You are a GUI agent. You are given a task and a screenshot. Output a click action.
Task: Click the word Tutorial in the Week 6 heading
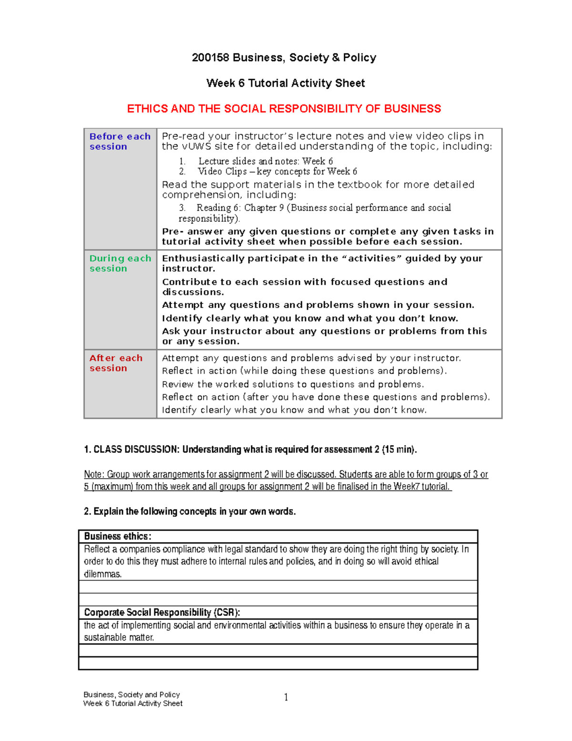(268, 83)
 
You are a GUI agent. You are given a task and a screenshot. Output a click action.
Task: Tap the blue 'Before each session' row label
(120, 141)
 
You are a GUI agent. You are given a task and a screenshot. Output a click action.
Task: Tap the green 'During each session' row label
(120, 263)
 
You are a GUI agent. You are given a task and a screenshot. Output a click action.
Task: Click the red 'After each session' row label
(116, 363)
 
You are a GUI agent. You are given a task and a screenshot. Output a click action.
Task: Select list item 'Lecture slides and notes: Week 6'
(265, 161)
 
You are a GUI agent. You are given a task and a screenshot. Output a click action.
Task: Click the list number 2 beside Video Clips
(182, 171)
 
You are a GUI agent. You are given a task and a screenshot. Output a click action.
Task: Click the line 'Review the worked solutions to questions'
(293, 384)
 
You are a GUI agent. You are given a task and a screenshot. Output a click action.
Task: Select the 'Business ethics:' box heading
(118, 536)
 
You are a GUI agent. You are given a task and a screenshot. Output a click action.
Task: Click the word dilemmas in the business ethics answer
(102, 574)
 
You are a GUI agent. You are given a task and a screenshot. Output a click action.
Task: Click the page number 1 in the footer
(286, 698)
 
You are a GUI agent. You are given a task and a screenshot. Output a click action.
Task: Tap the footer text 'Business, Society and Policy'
(132, 695)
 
